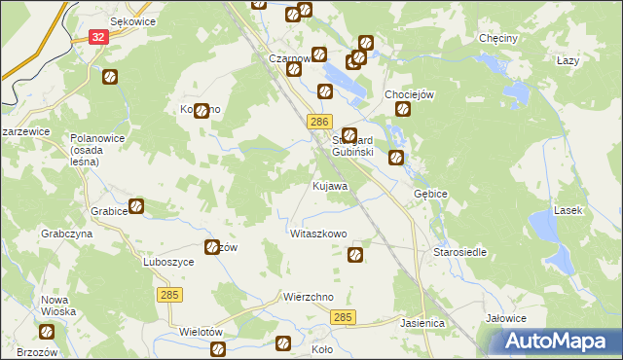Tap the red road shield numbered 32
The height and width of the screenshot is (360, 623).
click(97, 36)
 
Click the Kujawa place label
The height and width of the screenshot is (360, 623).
click(330, 185)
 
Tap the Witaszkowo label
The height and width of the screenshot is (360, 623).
click(318, 234)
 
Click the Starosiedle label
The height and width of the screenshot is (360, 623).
click(459, 252)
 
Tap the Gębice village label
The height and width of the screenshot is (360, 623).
click(430, 194)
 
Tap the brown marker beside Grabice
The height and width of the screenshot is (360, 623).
click(136, 206)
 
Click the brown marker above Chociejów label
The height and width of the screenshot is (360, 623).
click(403, 109)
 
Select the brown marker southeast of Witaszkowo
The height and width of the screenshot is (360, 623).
click(356, 255)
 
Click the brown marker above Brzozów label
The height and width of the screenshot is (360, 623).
click(45, 333)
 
